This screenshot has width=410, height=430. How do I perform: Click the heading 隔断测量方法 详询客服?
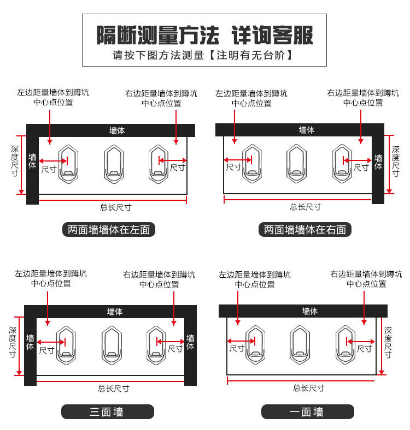pyautogui.click(x=204, y=34)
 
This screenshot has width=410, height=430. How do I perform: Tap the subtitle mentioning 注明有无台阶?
pyautogui.click(x=204, y=55)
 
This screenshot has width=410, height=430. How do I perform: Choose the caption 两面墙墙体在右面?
pyautogui.click(x=304, y=230)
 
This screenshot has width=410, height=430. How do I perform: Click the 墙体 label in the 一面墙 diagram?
pyautogui.click(x=310, y=311)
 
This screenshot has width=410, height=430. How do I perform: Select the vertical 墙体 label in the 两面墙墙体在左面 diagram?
pyautogui.click(x=32, y=162)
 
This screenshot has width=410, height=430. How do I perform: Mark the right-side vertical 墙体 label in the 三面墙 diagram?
pyautogui.click(x=190, y=343)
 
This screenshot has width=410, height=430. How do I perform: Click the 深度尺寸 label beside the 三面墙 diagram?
pyautogui.click(x=13, y=343)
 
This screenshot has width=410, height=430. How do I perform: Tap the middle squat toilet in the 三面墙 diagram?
pyautogui.click(x=112, y=344)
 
